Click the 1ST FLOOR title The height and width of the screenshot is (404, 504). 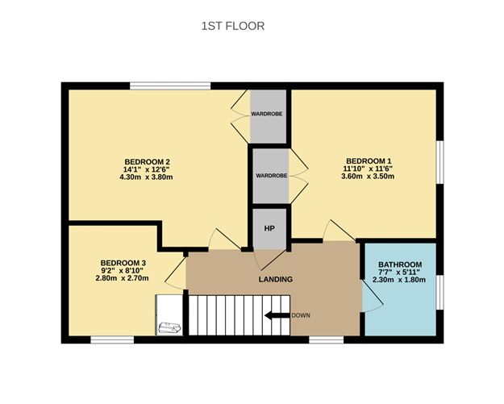[232, 26]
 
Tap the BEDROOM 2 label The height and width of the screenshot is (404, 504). [146, 160]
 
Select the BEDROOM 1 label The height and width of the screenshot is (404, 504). [367, 160]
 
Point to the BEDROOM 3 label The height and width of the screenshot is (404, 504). [123, 263]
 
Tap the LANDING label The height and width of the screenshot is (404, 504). [276, 279]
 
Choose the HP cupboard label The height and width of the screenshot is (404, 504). [270, 228]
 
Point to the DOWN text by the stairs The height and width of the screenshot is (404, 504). [301, 315]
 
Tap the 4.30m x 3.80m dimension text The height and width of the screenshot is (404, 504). [146, 177]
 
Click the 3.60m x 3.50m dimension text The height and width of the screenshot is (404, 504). [367, 177]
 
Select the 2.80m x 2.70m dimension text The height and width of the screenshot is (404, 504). [123, 279]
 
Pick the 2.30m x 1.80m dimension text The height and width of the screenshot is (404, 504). [399, 280]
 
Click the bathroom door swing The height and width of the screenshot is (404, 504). [373, 298]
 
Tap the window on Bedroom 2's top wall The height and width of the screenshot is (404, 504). [171, 85]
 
